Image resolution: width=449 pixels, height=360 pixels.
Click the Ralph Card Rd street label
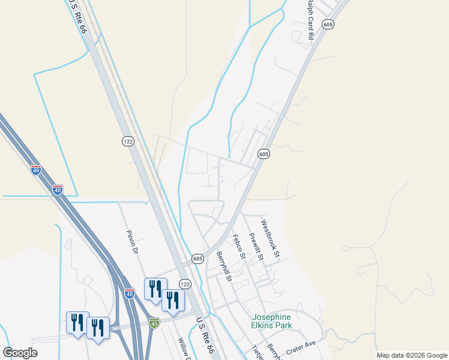point(310,20)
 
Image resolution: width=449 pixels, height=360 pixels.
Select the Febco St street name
point(239,247)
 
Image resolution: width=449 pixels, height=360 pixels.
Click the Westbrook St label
point(270,239)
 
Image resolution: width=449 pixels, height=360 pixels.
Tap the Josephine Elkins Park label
point(271,321)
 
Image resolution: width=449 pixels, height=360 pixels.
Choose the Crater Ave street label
point(301,347)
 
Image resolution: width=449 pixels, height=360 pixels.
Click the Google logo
point(20,353)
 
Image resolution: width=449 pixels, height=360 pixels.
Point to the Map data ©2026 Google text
point(411,355)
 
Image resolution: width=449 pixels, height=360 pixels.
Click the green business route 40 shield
point(154,323)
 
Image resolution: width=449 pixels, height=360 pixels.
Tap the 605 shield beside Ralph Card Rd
point(327,24)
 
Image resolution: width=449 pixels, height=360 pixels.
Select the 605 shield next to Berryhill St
point(197,258)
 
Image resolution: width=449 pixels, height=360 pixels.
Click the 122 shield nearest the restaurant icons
point(185,283)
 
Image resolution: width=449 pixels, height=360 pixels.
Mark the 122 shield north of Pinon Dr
point(127,141)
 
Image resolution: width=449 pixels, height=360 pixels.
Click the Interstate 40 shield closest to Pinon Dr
point(130,293)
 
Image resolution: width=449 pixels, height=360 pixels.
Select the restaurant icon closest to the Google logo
point(77,323)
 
